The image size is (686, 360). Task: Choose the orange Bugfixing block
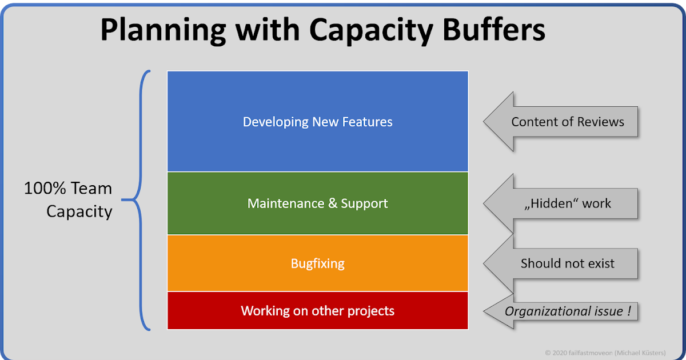[x=318, y=277]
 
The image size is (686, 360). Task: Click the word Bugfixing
[x=318, y=264]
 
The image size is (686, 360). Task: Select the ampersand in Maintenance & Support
[x=333, y=203]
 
